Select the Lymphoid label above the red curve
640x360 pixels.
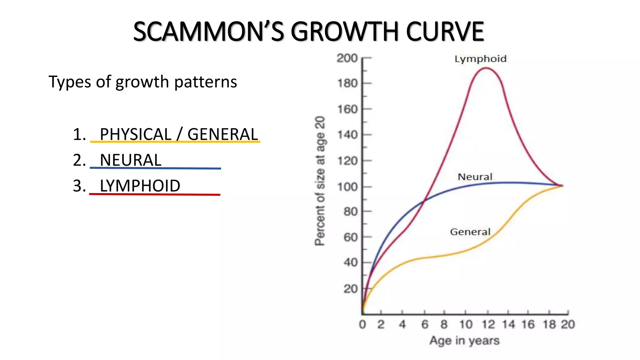click(x=480, y=59)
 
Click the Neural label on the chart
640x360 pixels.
click(x=475, y=177)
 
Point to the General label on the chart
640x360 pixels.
click(x=470, y=232)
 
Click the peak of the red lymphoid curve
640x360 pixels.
click(x=486, y=68)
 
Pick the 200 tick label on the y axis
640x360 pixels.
click(x=347, y=58)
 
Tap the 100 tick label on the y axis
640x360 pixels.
click(x=347, y=187)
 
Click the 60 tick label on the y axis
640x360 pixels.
click(x=350, y=237)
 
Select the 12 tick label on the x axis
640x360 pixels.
click(x=488, y=324)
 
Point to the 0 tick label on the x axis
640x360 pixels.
click(x=362, y=324)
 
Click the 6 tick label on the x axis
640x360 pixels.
click(x=424, y=324)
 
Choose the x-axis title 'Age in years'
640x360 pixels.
click(x=464, y=340)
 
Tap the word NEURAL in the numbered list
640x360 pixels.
click(x=130, y=160)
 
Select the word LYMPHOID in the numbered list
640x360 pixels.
click(x=140, y=186)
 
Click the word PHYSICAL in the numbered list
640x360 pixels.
click(x=135, y=134)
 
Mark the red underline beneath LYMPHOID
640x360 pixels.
click(x=155, y=194)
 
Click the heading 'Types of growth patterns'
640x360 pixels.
click(x=143, y=82)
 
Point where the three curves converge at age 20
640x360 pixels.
click(x=562, y=186)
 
